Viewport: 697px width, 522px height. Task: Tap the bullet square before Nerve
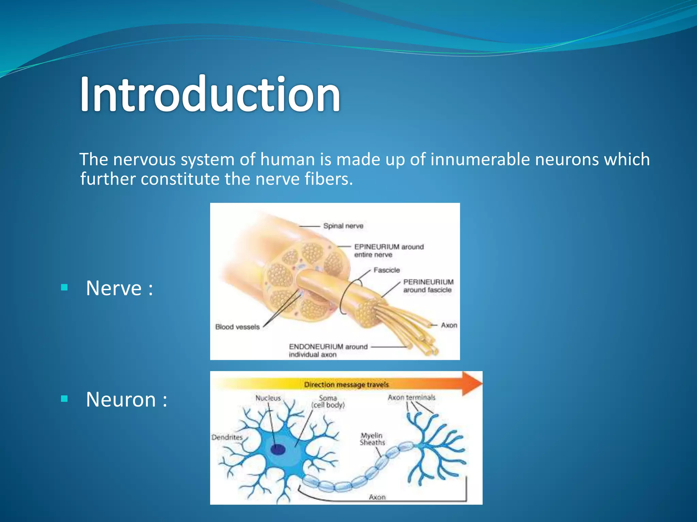click(64, 288)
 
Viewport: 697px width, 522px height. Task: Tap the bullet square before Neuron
click(64, 399)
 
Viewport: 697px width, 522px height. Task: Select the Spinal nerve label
click(343, 226)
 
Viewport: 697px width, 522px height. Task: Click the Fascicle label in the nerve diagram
click(387, 270)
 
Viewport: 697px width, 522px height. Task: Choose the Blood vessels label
click(237, 327)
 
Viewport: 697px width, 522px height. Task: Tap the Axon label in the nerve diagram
click(449, 325)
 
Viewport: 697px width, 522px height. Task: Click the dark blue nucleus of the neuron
click(278, 450)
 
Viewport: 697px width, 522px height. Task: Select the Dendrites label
click(227, 437)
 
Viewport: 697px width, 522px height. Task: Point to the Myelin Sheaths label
click(372, 439)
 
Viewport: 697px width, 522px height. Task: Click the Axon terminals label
click(411, 397)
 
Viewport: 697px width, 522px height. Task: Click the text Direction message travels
click(346, 385)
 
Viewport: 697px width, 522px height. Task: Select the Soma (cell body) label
click(328, 401)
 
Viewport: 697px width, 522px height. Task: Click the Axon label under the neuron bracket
click(377, 497)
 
